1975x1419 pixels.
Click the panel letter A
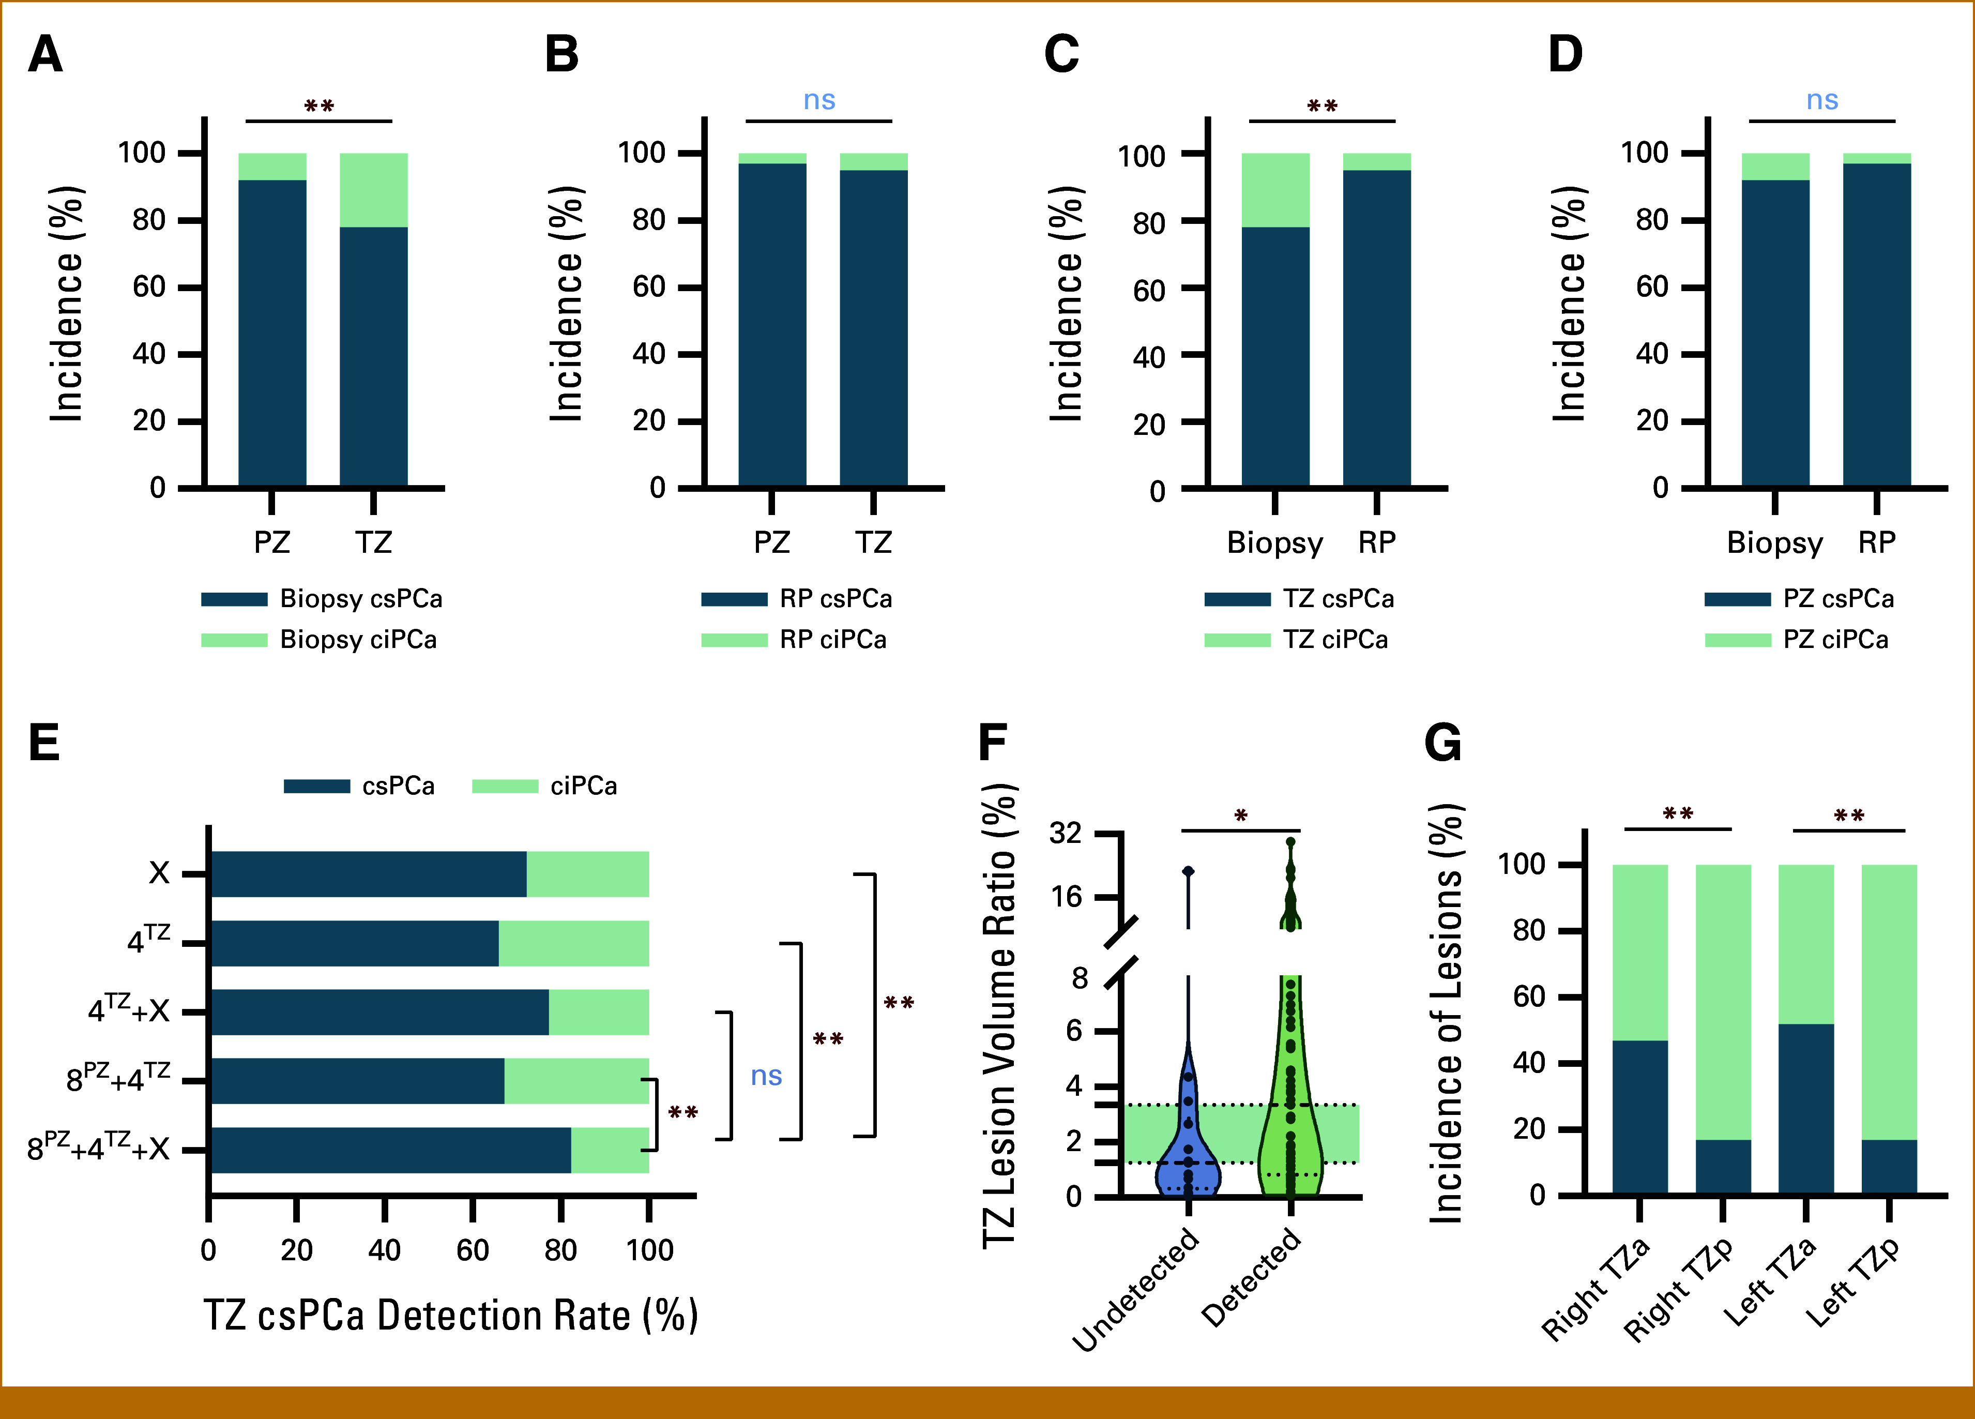tap(45, 54)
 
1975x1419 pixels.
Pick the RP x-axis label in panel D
tap(1877, 542)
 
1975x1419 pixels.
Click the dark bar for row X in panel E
tap(368, 874)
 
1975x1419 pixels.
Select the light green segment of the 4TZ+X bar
tap(599, 1012)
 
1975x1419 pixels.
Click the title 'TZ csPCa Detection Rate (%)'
tap(450, 1316)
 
